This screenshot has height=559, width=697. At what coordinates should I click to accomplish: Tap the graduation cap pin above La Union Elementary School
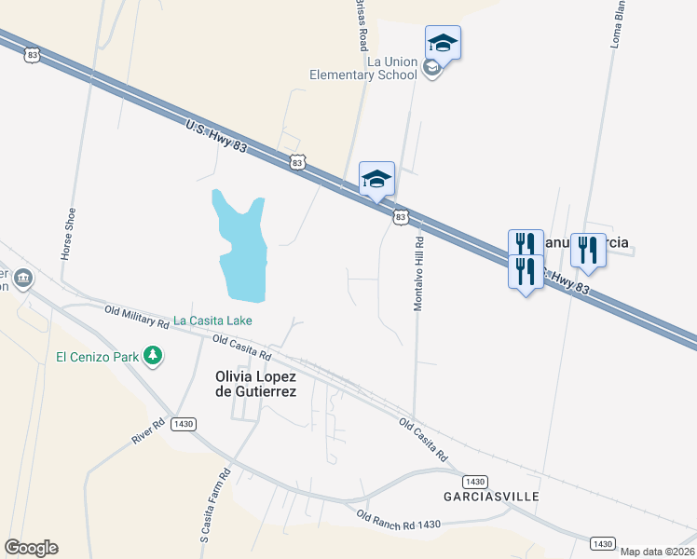(x=444, y=43)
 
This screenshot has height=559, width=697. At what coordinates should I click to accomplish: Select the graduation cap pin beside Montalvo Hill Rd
(x=376, y=179)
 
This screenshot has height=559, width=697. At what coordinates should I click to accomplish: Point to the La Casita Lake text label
(x=213, y=320)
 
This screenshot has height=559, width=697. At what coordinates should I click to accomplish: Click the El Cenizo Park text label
(x=97, y=356)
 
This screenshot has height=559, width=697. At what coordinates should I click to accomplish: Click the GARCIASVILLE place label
(x=491, y=497)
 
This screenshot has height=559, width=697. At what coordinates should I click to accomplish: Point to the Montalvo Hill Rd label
(x=419, y=272)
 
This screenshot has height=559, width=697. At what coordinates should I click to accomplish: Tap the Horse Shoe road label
(x=68, y=233)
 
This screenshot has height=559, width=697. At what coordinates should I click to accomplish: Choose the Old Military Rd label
(x=136, y=317)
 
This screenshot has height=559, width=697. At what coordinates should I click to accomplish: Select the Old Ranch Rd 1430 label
(x=398, y=519)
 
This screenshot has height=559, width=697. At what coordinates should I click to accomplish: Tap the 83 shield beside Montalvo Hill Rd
(x=400, y=217)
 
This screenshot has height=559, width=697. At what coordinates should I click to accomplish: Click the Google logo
(x=31, y=548)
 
